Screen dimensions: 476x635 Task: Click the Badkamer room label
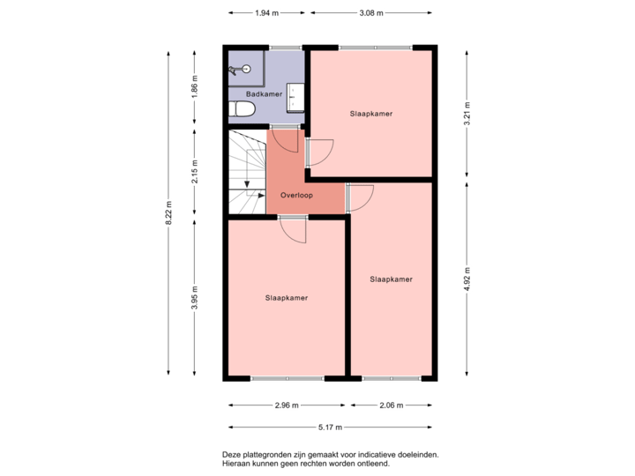264,93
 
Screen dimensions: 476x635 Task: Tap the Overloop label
296,194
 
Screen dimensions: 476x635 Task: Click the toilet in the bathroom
241,108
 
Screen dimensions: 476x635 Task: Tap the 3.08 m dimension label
370,13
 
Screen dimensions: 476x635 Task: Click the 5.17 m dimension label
331,428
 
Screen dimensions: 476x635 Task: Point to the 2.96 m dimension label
287,405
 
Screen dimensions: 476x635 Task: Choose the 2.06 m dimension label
391,405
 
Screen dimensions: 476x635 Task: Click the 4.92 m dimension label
467,279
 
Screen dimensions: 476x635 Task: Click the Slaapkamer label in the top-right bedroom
370,114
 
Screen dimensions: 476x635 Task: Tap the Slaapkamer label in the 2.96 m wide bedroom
287,298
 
